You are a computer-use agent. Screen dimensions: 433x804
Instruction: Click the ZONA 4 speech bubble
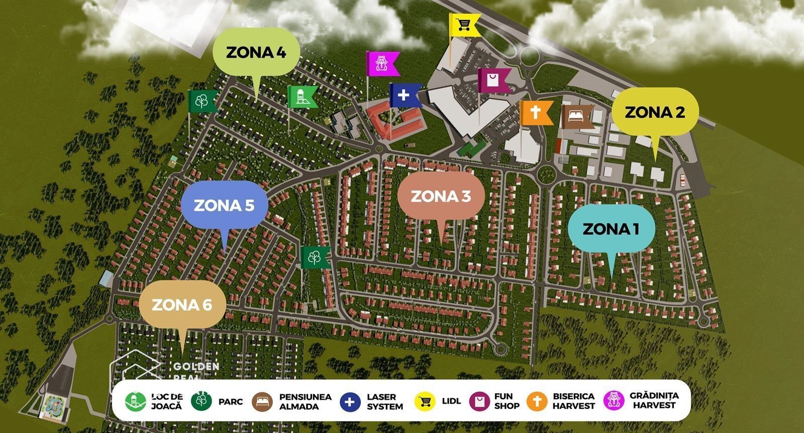[256, 53]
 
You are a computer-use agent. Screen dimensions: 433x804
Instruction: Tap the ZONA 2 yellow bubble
[655, 112]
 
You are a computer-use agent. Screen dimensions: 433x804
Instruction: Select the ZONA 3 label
[441, 196]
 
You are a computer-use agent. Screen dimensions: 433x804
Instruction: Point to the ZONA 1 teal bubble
[611, 229]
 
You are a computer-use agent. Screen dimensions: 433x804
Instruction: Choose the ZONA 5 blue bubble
[224, 205]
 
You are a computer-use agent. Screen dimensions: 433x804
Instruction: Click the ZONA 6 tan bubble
[182, 305]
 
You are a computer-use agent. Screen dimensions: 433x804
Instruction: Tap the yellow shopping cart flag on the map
[463, 24]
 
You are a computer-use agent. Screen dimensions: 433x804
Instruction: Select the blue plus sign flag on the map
[404, 95]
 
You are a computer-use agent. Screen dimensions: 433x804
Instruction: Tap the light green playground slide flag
[300, 97]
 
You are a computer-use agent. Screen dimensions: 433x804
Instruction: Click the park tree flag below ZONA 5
[314, 257]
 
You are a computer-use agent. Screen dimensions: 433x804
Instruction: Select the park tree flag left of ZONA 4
[202, 101]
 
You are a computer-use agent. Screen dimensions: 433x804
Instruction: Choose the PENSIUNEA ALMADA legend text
[305, 401]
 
